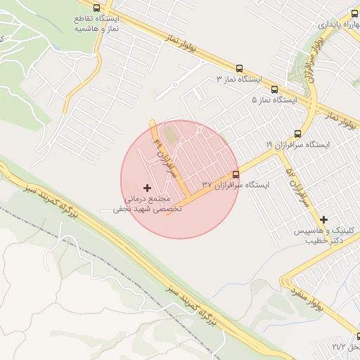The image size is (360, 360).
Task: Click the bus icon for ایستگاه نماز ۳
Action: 240,69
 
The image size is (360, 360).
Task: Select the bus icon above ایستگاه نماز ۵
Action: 274,89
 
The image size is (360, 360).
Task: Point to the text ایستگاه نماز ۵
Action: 275,100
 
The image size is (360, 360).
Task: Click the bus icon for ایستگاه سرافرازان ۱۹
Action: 297,133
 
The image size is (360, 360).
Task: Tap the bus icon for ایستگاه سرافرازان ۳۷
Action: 236,174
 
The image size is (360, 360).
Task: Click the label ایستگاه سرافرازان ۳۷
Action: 236,185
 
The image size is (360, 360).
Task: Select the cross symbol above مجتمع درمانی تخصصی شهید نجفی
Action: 146,188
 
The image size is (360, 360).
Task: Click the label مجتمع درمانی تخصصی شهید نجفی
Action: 148,205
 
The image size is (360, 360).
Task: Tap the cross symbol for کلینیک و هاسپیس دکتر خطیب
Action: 323,219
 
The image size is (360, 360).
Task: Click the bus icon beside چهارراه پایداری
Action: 356,13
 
